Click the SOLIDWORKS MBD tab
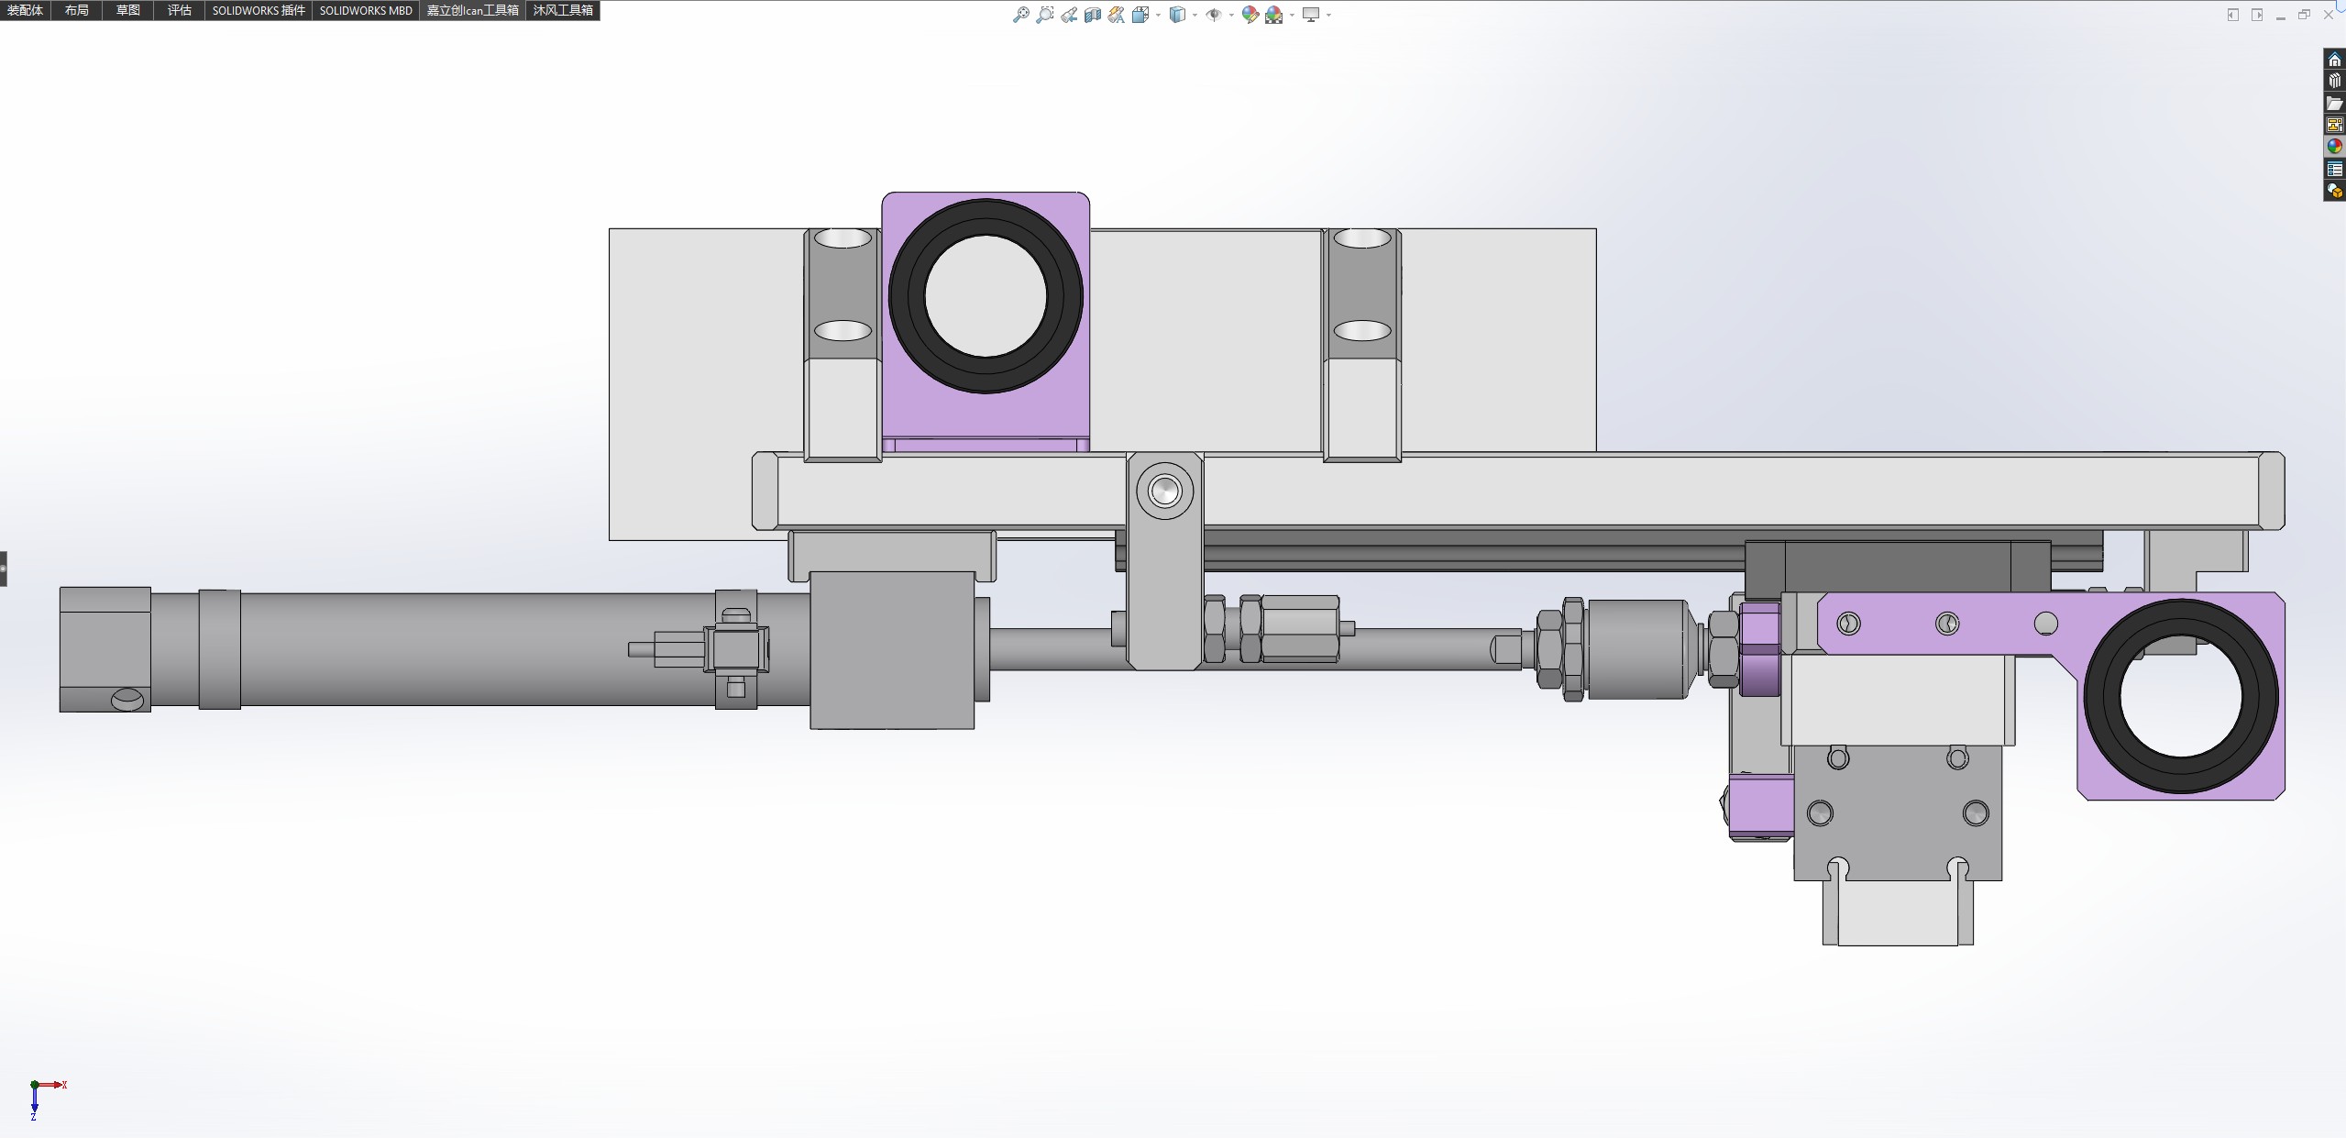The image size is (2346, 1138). pos(366,10)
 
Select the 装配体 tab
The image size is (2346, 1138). pos(25,10)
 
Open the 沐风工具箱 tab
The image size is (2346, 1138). pos(563,10)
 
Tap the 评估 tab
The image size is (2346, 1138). pos(180,10)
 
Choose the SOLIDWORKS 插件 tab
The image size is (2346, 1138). pos(259,10)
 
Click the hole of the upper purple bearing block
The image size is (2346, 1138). pos(986,296)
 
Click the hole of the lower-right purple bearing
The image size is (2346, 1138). pos(2181,696)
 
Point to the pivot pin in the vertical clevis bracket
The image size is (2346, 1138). pos(1165,491)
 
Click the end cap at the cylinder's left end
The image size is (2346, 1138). pos(105,649)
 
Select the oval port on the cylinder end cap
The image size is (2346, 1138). pos(128,700)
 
